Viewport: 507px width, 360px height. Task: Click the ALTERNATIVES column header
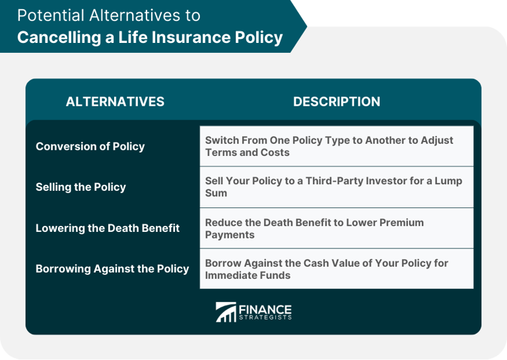coord(115,102)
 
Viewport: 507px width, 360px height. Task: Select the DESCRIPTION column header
coord(337,102)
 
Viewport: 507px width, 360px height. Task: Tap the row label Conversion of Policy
coord(90,146)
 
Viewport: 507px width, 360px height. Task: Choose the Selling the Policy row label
coord(81,187)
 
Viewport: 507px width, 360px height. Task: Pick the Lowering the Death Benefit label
coord(108,228)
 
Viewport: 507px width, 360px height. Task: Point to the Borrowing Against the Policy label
coord(112,269)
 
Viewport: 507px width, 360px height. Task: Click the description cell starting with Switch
coord(336,146)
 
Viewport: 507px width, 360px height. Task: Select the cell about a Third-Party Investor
coord(336,187)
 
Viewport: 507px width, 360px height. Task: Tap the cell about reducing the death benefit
coord(336,228)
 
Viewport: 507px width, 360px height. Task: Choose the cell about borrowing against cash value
coord(336,269)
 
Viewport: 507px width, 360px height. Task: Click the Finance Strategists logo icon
coord(225,312)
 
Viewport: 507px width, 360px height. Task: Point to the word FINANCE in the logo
coord(265,308)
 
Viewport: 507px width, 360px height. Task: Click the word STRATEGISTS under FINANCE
coord(265,318)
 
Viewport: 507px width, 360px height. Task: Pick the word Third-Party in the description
coord(327,180)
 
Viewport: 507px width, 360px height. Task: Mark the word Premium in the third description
coord(400,222)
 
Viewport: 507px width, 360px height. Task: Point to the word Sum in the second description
coord(216,193)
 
